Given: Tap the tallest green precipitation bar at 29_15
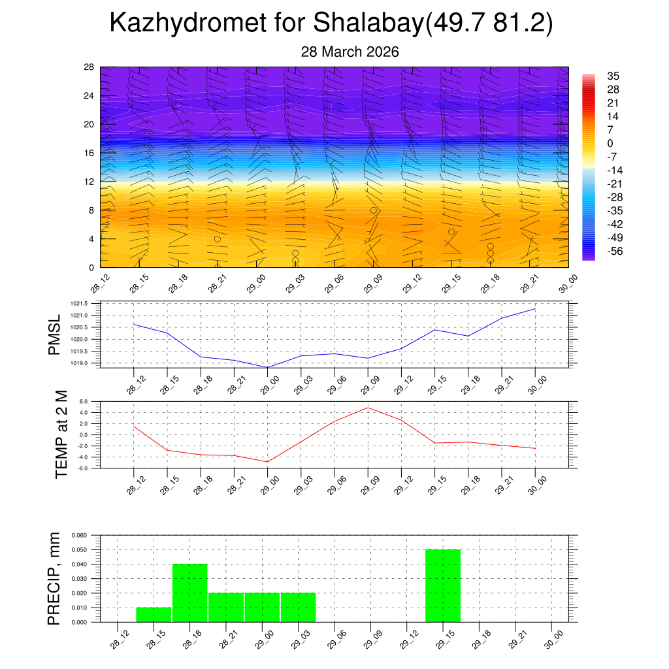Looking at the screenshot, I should click(x=443, y=585).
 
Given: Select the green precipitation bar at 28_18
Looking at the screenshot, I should click(x=190, y=593).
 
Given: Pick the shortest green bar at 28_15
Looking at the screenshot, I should click(x=154, y=615).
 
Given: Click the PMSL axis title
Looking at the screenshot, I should click(x=54, y=334).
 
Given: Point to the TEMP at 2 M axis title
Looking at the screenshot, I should click(x=61, y=434).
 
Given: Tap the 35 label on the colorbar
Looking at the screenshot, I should click(x=613, y=75).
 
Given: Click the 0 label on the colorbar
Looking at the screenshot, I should click(x=610, y=143).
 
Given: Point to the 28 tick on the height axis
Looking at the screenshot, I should click(x=89, y=67).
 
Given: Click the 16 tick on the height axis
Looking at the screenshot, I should click(x=89, y=153).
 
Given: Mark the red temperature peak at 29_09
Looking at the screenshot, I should click(x=368, y=408).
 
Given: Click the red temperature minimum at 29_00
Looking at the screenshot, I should click(x=267, y=462).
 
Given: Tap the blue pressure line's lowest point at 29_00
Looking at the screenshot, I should click(x=267, y=367).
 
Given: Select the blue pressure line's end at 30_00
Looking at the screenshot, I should click(x=536, y=309).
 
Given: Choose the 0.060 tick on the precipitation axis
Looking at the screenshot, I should click(x=78, y=535).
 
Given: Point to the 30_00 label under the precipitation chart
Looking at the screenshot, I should click(x=553, y=638).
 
